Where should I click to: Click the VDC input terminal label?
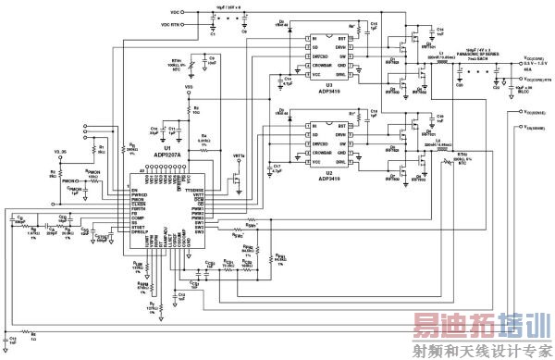point(175,12)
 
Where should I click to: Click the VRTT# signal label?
point(238,155)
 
